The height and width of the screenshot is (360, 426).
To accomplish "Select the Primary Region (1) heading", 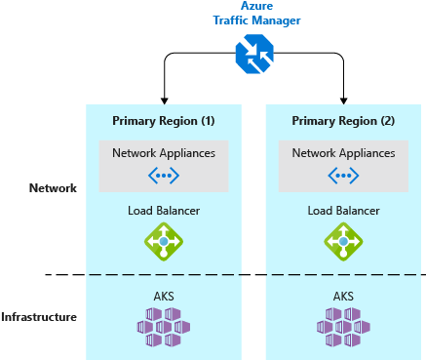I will click(164, 121).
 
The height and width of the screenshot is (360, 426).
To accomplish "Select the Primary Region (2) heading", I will click(344, 121).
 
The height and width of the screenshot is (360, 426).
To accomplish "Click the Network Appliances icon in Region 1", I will click(164, 176).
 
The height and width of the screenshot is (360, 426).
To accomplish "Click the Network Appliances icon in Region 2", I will click(344, 176).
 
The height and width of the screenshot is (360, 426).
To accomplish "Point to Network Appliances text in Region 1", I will click(164, 153).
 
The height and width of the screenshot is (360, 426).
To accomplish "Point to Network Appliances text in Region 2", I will click(344, 153).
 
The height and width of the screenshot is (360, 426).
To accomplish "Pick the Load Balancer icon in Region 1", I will click(164, 241).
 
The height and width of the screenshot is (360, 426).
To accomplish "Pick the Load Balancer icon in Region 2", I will click(344, 241).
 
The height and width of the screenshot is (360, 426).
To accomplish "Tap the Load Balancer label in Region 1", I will click(164, 211).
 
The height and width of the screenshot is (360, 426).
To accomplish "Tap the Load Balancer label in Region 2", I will click(344, 211).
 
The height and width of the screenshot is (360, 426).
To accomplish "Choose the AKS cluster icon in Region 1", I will click(164, 326).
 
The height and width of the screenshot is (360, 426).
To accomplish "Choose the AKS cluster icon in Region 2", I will click(344, 326).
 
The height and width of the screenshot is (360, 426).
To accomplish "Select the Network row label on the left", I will click(53, 187).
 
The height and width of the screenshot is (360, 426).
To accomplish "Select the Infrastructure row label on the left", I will click(39, 317).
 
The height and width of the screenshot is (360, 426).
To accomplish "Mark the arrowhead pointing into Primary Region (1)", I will click(164, 100).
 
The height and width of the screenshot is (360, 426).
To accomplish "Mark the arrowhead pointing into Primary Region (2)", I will click(344, 100).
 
